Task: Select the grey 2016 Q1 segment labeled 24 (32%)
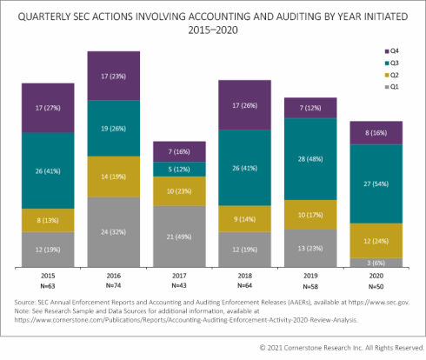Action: [115, 232]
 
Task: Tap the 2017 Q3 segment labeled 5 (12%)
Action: [181, 169]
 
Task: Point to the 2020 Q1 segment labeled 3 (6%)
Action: [376, 263]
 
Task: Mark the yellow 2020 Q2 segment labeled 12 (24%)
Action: [376, 240]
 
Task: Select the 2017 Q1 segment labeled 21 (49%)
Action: [181, 237]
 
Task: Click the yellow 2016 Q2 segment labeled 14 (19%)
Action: [115, 176]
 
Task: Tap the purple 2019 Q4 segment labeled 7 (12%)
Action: [310, 107]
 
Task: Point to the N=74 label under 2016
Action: [115, 286]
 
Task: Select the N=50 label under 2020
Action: [376, 286]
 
